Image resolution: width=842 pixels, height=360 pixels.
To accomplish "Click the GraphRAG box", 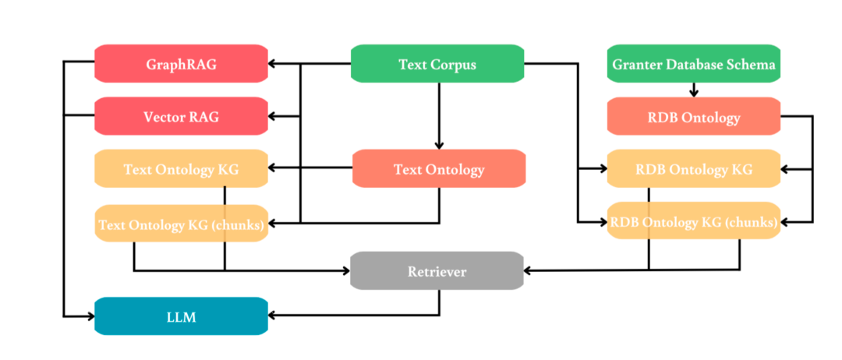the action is (x=182, y=64).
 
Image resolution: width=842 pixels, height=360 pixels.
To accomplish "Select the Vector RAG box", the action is (x=182, y=116).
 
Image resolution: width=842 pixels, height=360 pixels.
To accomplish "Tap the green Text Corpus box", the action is (x=437, y=64).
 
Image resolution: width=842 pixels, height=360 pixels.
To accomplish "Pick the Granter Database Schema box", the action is (x=694, y=64).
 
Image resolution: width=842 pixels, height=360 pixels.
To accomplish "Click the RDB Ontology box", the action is (x=694, y=116).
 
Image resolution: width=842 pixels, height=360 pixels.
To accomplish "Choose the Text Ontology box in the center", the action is (x=439, y=169).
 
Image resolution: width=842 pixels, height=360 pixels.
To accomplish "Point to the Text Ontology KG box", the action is (x=182, y=169).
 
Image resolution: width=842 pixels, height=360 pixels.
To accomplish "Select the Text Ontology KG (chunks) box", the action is (x=182, y=223).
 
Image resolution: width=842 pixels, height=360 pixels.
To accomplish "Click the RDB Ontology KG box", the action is (x=694, y=169).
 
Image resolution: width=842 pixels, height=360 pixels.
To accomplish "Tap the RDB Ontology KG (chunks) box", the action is (x=694, y=221).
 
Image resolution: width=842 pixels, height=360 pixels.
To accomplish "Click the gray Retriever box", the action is (x=437, y=271).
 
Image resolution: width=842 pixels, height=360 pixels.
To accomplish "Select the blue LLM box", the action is (x=182, y=316).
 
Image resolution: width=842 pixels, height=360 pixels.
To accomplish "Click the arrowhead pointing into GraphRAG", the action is (x=272, y=64).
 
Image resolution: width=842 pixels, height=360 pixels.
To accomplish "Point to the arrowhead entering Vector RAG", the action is (x=272, y=116).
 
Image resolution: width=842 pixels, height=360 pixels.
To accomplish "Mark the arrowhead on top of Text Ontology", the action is (x=439, y=146).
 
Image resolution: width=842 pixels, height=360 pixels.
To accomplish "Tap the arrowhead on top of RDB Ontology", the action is (x=694, y=93).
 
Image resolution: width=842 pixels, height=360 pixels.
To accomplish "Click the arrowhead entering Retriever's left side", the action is (x=346, y=270).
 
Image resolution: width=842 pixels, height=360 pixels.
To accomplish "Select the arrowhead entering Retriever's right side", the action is (x=529, y=270).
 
